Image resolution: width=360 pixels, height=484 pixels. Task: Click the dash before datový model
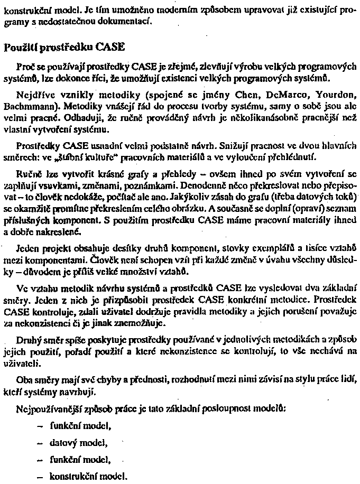click(39, 443)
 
